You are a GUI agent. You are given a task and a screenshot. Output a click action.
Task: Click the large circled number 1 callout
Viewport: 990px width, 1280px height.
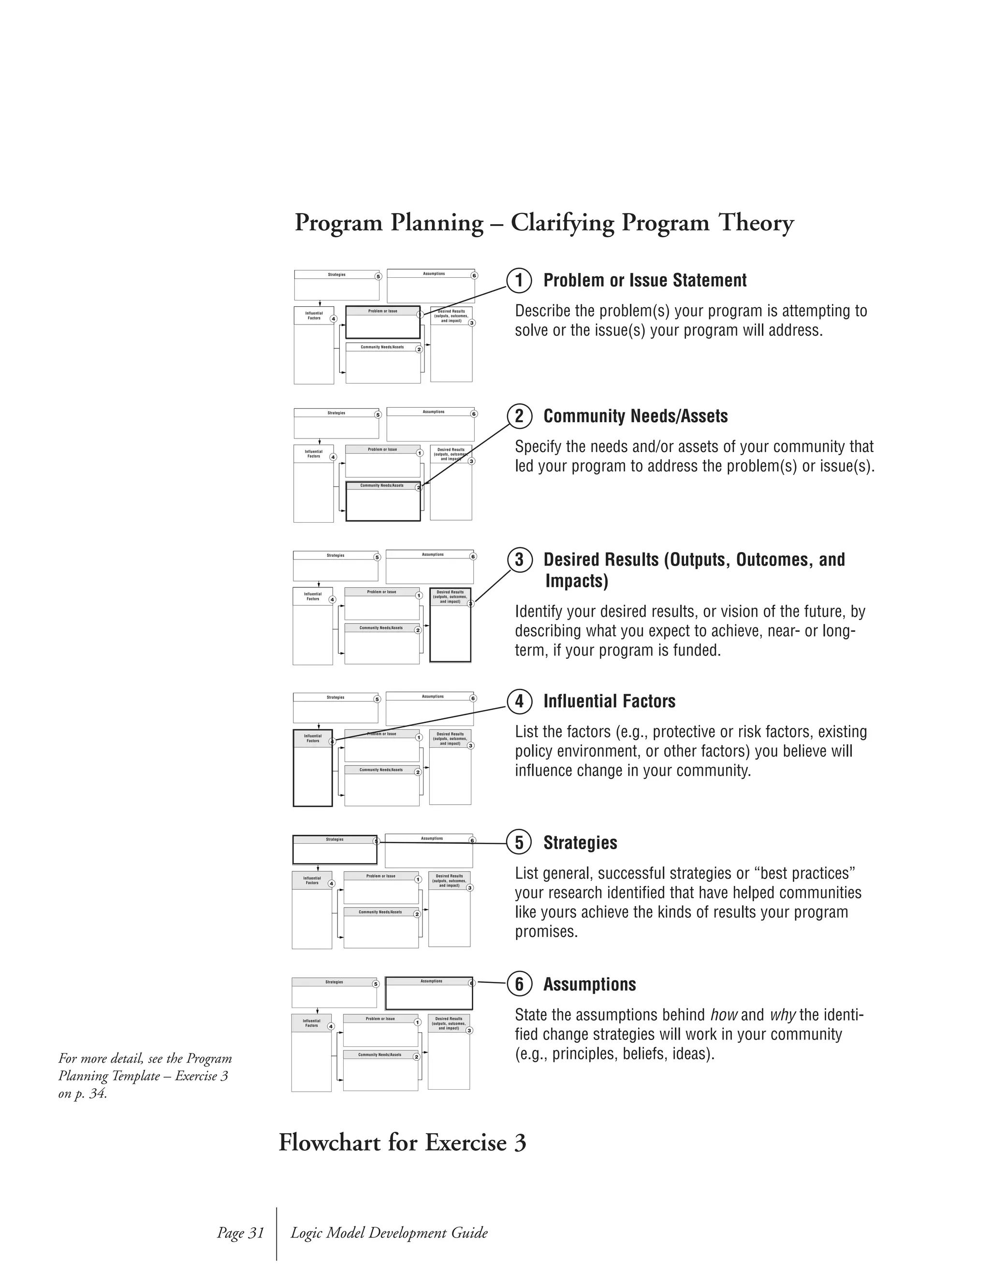pos(519,280)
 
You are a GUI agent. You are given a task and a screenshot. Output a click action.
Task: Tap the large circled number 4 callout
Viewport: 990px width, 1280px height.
pos(519,701)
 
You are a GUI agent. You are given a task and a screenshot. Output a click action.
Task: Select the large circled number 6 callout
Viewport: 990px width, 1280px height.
pos(519,984)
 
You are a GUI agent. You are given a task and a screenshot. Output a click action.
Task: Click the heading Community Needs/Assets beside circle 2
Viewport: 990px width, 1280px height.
pos(635,416)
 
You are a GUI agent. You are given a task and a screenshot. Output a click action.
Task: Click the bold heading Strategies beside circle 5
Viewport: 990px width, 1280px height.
pos(580,843)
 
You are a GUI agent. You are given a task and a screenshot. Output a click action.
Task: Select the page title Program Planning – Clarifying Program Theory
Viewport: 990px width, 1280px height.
pos(544,223)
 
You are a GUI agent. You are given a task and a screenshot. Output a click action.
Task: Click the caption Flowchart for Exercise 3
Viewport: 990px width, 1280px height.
pos(402,1142)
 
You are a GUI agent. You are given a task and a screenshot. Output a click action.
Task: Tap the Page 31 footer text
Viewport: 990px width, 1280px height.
pos(240,1233)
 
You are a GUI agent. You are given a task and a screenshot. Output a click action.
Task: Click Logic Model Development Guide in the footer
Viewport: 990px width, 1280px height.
pos(389,1233)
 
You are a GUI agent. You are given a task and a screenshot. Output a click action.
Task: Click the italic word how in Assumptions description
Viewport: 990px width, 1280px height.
pos(723,1015)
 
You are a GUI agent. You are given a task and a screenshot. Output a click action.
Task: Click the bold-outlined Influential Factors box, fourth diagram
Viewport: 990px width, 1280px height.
pos(313,768)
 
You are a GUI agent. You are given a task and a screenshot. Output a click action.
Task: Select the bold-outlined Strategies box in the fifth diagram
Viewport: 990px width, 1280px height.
pos(335,850)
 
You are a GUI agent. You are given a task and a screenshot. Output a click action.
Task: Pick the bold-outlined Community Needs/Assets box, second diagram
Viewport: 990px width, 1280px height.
pos(382,502)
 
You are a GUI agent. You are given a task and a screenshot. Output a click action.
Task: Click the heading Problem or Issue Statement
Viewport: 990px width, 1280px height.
pos(644,280)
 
